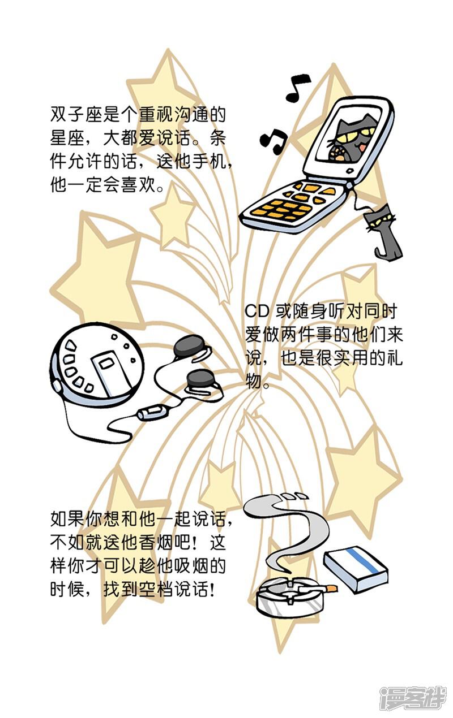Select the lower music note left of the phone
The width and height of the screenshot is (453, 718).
273,141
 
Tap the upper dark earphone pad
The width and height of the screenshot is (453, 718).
190,346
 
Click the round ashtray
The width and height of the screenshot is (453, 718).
289,597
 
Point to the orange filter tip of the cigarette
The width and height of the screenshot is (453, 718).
332,588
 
